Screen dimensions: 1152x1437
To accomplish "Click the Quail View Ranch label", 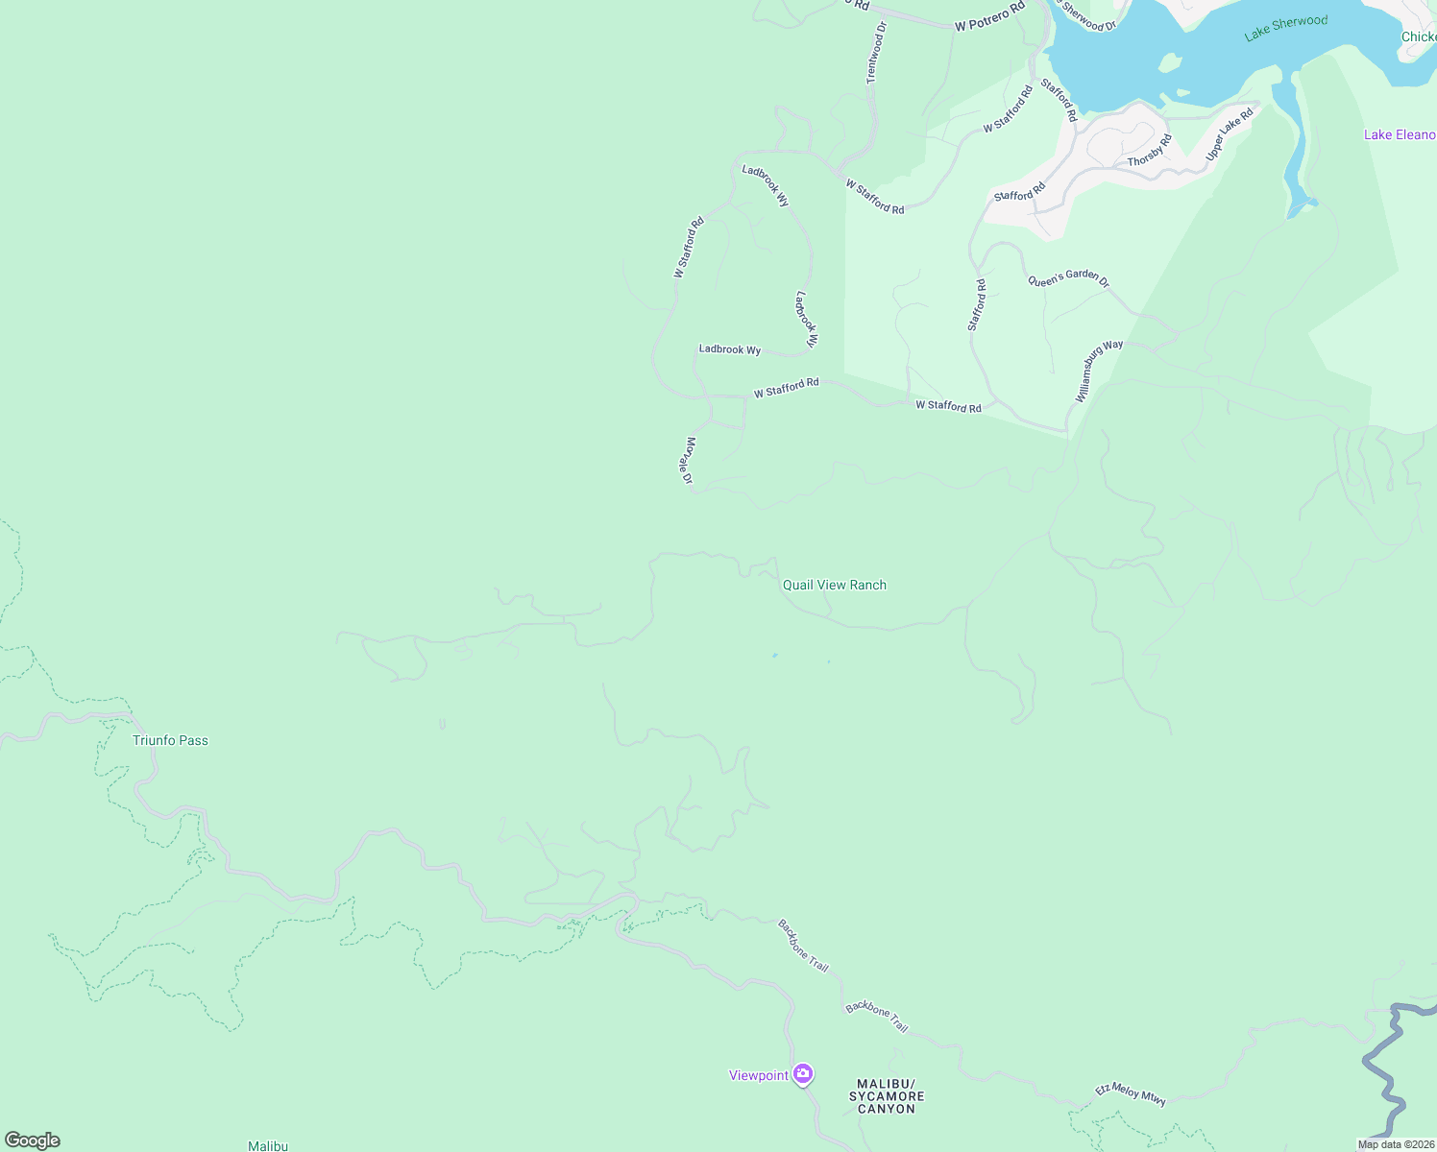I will tap(834, 585).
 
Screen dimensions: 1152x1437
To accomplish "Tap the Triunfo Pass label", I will tap(170, 740).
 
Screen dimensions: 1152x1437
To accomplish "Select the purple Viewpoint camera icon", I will tap(803, 1073).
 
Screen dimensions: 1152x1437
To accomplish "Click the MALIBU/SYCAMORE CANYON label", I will tap(887, 1096).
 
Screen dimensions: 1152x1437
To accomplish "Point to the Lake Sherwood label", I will tap(1285, 28).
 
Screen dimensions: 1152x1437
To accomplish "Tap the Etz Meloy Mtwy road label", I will tap(1131, 1094).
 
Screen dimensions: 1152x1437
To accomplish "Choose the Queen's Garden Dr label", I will tap(1068, 279).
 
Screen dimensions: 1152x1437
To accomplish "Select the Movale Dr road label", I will tap(687, 461).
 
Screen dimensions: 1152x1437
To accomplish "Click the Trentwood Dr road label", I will tap(875, 52).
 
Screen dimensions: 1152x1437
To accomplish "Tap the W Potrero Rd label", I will tap(989, 19).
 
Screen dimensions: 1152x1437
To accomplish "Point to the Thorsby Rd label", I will tap(1149, 151).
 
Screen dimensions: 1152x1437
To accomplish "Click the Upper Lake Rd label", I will tap(1230, 134).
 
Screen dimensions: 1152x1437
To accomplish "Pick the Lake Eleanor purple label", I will tap(1399, 134).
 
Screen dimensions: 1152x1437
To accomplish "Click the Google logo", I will tap(32, 1140).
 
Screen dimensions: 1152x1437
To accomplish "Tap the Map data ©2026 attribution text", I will tap(1396, 1144).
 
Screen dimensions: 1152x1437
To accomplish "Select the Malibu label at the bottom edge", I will tap(268, 1145).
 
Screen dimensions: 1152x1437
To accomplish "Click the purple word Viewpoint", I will tap(758, 1075).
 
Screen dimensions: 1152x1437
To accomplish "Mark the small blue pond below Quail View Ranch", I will tap(774, 656).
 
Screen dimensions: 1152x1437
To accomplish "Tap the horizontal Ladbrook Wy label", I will tap(729, 349).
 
